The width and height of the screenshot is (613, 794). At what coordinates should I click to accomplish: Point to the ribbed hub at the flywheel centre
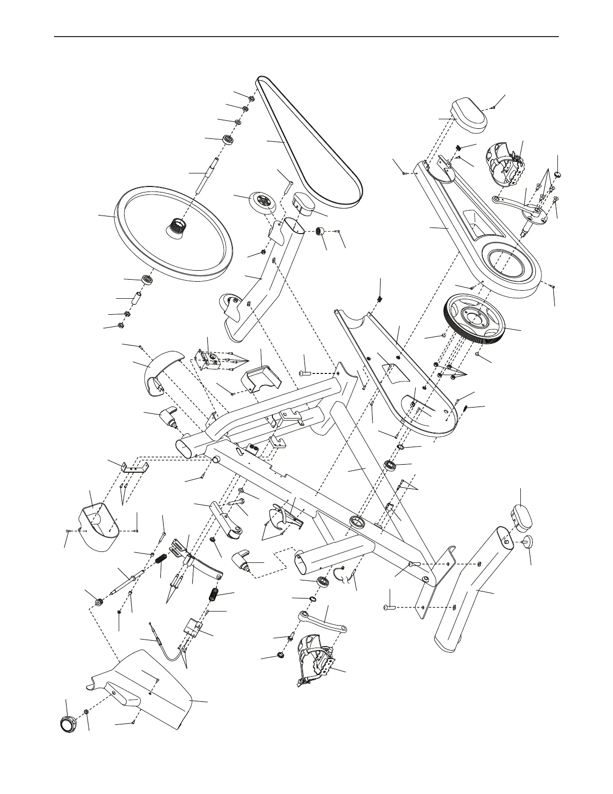pyautogui.click(x=176, y=225)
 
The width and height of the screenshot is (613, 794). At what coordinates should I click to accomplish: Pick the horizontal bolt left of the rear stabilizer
pyautogui.click(x=390, y=607)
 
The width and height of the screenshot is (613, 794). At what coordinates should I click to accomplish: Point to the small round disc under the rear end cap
pyautogui.click(x=528, y=541)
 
